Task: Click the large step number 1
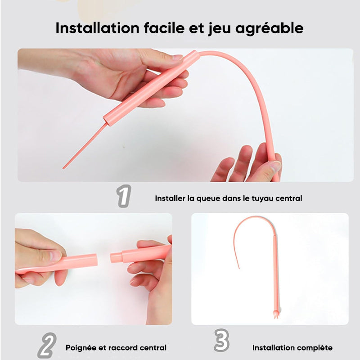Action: click(x=123, y=197)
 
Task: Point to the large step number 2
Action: click(x=47, y=346)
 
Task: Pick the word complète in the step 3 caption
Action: click(x=315, y=348)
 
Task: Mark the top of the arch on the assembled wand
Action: click(x=252, y=218)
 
